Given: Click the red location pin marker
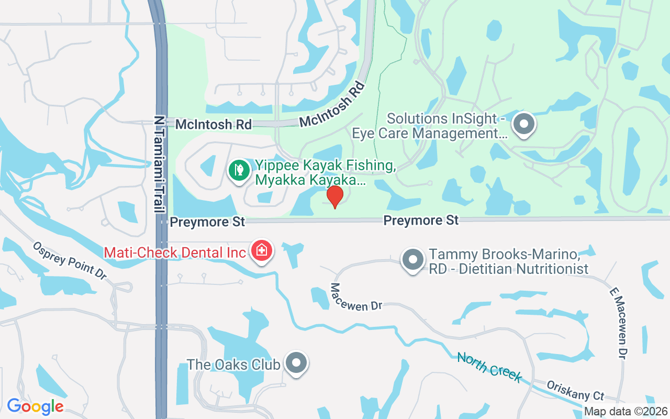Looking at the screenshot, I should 334,196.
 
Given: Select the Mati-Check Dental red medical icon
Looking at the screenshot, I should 262,250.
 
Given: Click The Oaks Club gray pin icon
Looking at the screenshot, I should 296,362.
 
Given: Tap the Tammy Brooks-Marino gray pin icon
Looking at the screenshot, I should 412,259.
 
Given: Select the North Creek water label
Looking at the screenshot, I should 489,367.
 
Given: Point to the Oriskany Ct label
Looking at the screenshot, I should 575,390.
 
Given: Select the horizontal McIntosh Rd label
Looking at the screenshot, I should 213,125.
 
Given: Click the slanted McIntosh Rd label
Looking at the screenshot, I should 332,104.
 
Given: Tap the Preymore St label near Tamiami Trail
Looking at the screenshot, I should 208,222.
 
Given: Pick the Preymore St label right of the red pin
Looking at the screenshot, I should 421,220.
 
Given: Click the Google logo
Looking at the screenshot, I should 35,406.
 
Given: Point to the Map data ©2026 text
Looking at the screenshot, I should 626,412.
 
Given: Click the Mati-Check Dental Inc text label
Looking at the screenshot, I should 175,252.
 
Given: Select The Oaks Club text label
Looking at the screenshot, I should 233,365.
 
